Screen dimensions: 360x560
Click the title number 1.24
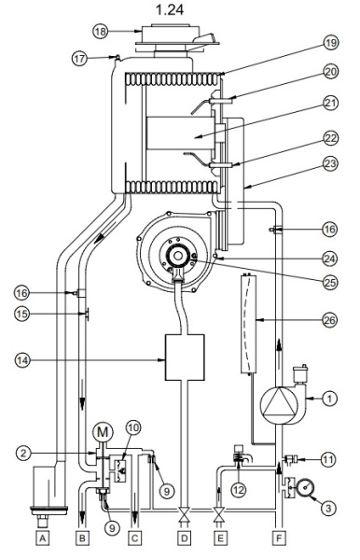pos(170,9)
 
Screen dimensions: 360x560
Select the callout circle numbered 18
pos(100,32)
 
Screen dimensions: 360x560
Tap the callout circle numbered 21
pos(330,103)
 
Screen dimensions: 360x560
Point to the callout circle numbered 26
pos(329,319)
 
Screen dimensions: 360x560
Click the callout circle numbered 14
pos(22,360)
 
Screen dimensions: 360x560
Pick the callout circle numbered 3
pos(328,508)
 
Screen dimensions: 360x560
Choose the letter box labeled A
pos(42,538)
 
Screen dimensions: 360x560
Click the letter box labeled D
pos(184,538)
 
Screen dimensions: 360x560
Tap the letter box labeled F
pos(279,538)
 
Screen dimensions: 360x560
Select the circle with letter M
pos(103,432)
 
